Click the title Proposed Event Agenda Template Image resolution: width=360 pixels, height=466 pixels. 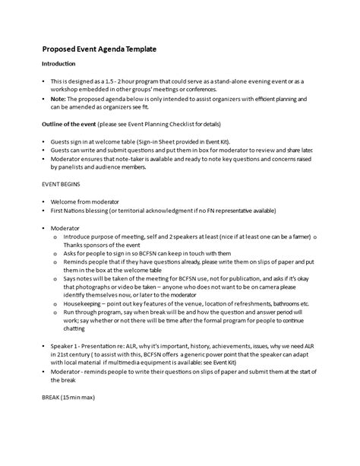pos(99,49)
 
